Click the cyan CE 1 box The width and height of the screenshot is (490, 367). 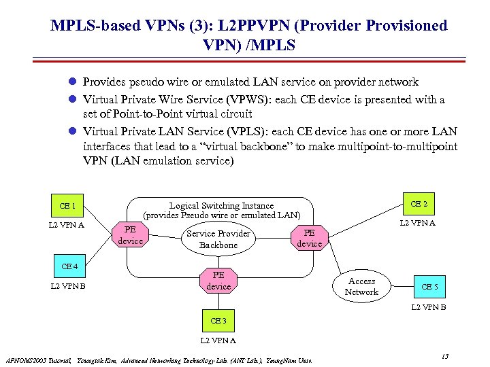pos(67,205)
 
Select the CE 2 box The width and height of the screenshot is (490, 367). pos(419,204)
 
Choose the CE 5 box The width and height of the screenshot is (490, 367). pos(429,287)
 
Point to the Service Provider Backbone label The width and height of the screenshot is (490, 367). pos(218,239)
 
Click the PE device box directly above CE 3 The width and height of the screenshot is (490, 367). pos(218,281)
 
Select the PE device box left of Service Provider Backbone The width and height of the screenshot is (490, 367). pos(131,235)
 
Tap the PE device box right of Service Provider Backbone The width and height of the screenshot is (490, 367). pos(310,239)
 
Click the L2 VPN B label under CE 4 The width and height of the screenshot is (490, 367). pos(68,286)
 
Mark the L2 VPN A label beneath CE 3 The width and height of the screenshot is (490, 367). pos(218,340)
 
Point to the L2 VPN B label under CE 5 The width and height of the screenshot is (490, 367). pos(429,308)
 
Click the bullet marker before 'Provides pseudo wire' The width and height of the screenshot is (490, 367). pos(70,82)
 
